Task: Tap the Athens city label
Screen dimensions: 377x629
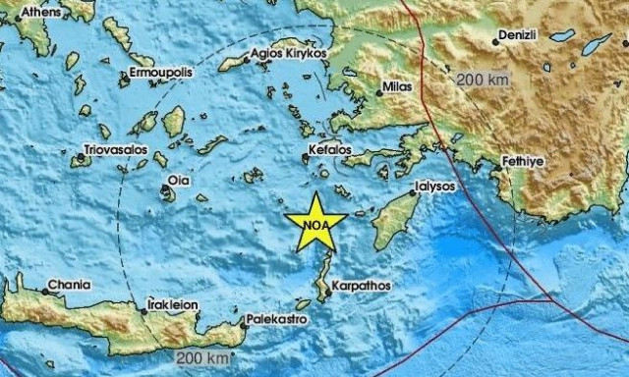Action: [40, 12]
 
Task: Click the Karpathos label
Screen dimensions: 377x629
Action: [361, 286]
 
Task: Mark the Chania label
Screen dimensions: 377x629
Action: [71, 286]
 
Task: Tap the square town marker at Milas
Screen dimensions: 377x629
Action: [380, 94]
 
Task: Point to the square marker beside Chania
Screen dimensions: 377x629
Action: [43, 290]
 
